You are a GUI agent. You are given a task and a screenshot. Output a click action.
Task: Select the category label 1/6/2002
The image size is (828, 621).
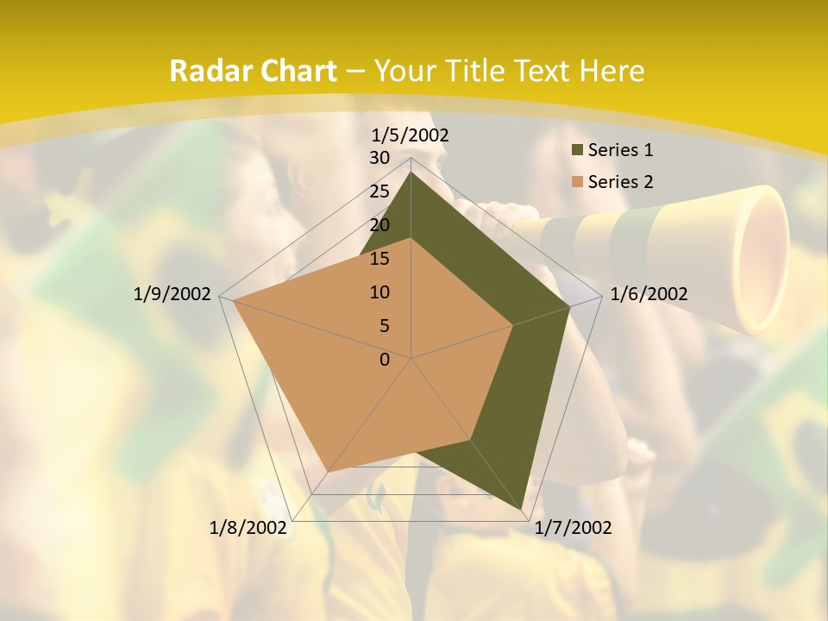click(x=649, y=294)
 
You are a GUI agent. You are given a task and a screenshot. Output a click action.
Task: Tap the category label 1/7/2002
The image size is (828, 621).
click(x=573, y=528)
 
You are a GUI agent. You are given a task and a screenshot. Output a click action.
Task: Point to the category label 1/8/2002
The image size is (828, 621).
click(x=248, y=528)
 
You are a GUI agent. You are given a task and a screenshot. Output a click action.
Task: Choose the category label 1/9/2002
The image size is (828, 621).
click(x=172, y=294)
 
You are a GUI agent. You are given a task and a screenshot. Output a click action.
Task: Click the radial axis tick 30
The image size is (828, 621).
click(x=379, y=158)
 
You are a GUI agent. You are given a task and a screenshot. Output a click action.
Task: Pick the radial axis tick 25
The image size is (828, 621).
click(x=379, y=191)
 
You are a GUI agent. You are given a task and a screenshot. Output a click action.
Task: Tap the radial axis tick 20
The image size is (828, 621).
click(x=379, y=225)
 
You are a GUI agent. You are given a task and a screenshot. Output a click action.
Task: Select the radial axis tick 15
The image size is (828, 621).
click(x=379, y=259)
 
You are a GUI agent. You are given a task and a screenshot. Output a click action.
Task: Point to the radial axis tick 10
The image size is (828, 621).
click(x=379, y=292)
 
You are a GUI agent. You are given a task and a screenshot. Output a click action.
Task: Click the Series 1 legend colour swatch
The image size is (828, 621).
click(x=577, y=151)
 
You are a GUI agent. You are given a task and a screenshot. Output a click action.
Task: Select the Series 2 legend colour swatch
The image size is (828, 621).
click(x=577, y=182)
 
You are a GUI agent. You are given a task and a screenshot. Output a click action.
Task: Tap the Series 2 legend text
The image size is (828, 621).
click(x=620, y=182)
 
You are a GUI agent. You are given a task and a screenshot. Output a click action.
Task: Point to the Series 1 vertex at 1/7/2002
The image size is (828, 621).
click(x=524, y=509)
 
